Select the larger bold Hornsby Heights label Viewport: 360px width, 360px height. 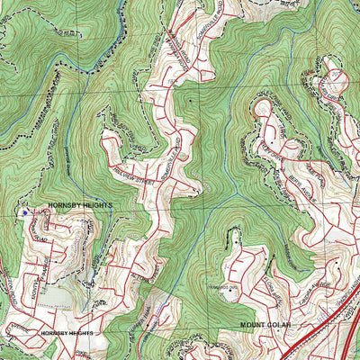point(80,205)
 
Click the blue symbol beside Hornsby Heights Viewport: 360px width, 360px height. point(24,212)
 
